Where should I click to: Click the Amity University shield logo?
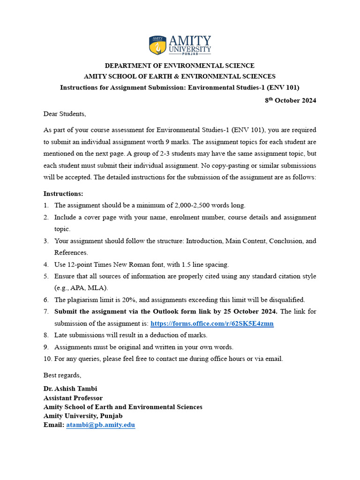157,45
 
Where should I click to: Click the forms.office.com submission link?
212,323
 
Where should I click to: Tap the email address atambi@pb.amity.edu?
100,425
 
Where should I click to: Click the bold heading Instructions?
63,194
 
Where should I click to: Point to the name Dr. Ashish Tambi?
70,389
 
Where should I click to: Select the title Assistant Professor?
73,397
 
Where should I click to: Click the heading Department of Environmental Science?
180,66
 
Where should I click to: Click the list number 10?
47,359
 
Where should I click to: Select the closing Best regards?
62,375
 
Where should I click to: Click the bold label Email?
54,425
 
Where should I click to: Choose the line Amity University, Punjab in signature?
83,416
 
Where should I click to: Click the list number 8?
46,335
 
